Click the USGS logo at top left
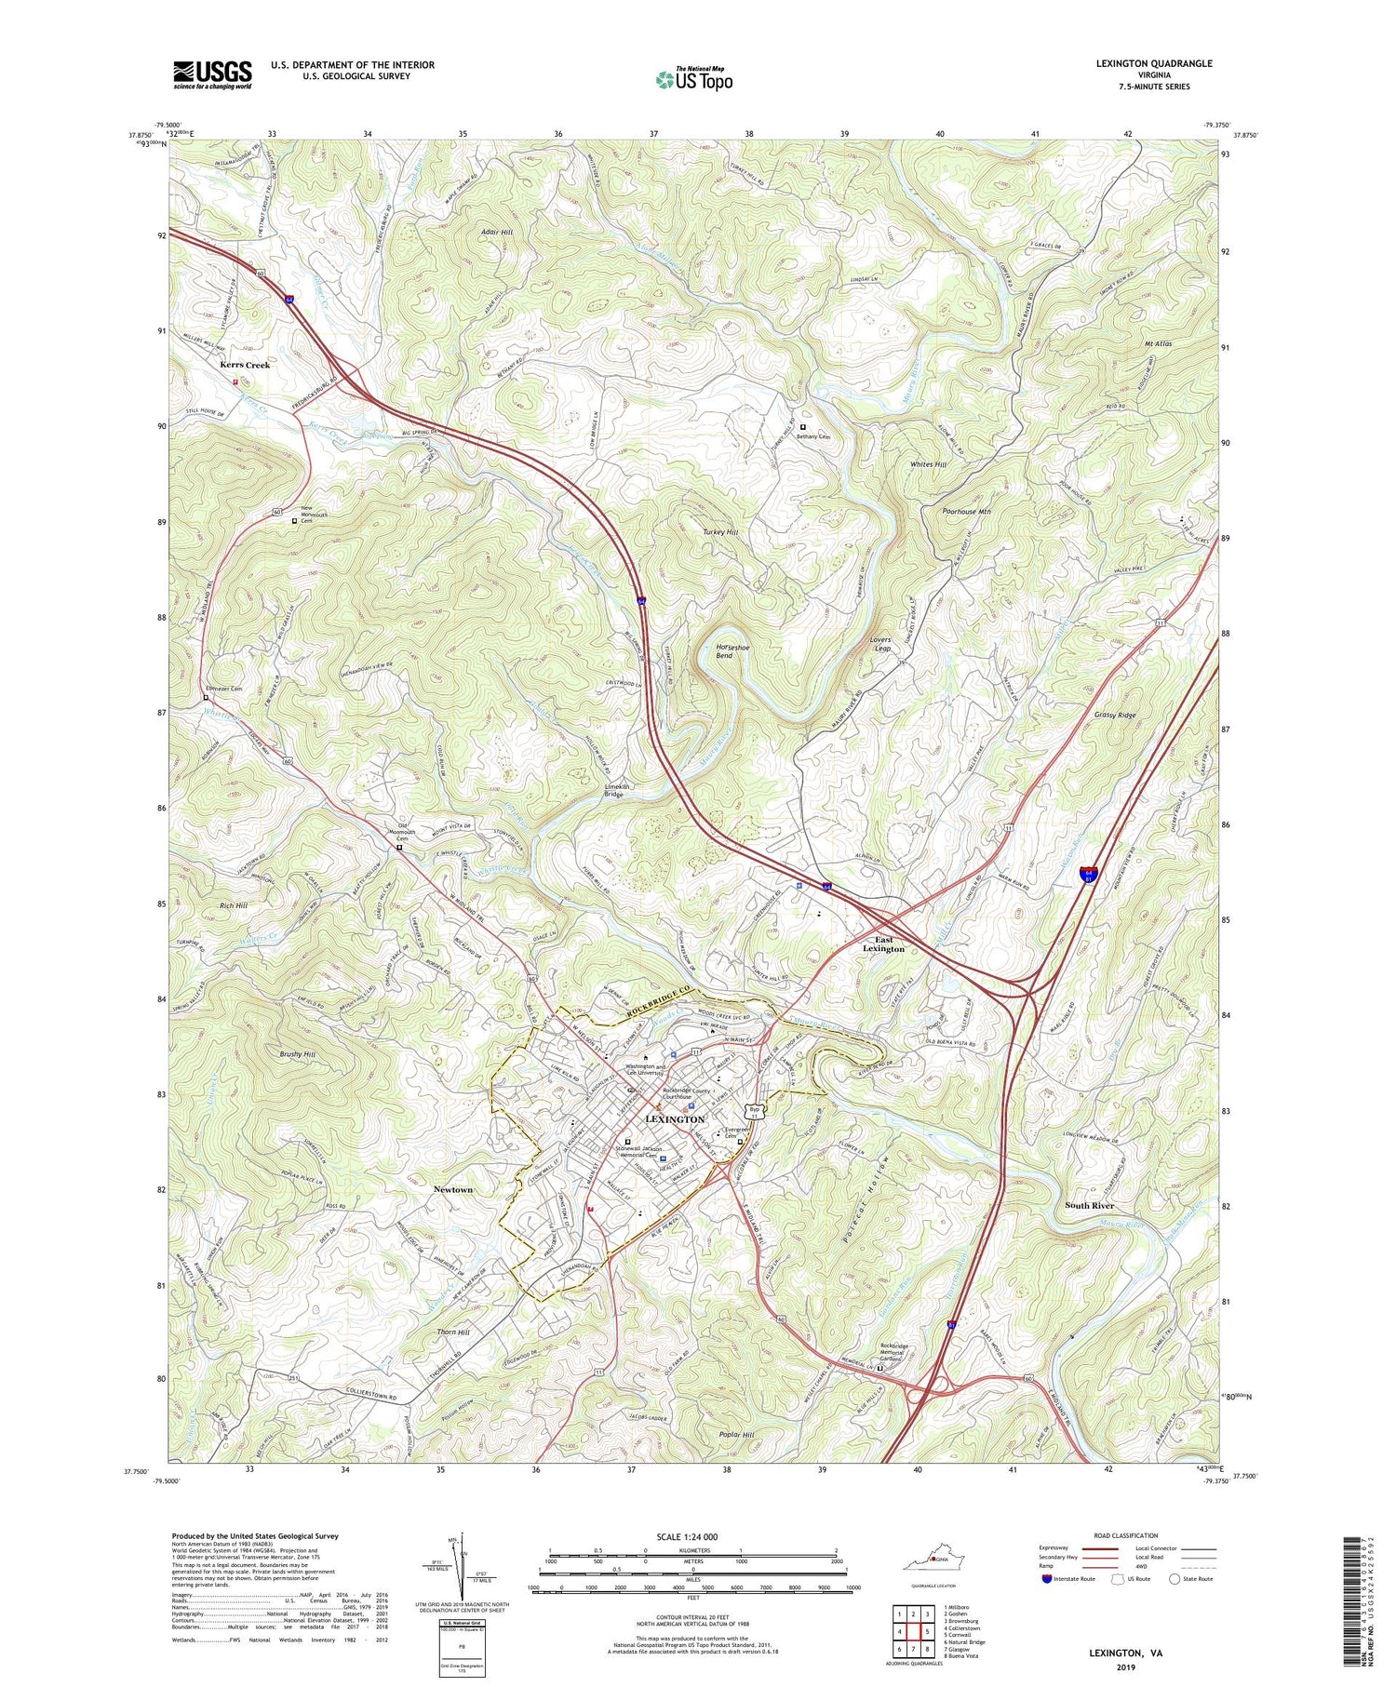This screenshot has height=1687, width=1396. click(x=212, y=74)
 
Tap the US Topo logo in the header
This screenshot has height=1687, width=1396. click(x=694, y=79)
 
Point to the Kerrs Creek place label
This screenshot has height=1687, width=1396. click(x=245, y=365)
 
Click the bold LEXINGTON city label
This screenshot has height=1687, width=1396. click(x=675, y=1118)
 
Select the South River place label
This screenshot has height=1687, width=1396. click(x=1089, y=1205)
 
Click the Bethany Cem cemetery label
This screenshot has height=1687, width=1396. click(x=812, y=435)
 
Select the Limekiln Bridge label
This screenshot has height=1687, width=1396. click(x=612, y=790)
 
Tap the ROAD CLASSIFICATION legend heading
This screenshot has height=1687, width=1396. click(x=1126, y=1535)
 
